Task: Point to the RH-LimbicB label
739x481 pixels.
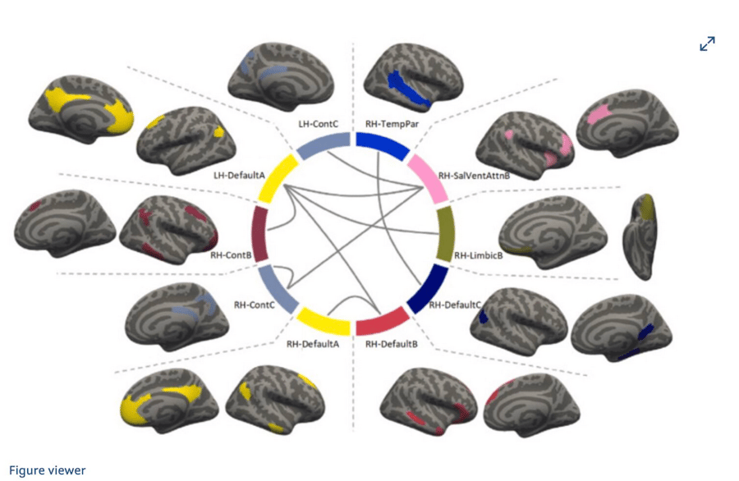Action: pos(479,255)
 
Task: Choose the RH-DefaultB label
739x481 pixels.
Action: pos(392,344)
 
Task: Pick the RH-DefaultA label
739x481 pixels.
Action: pos(313,344)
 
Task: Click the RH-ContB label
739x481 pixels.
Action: pos(231,255)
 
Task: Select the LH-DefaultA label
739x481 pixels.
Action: pos(239,175)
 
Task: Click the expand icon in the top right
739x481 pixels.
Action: pos(707,44)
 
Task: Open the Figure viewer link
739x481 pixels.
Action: pos(48,470)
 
